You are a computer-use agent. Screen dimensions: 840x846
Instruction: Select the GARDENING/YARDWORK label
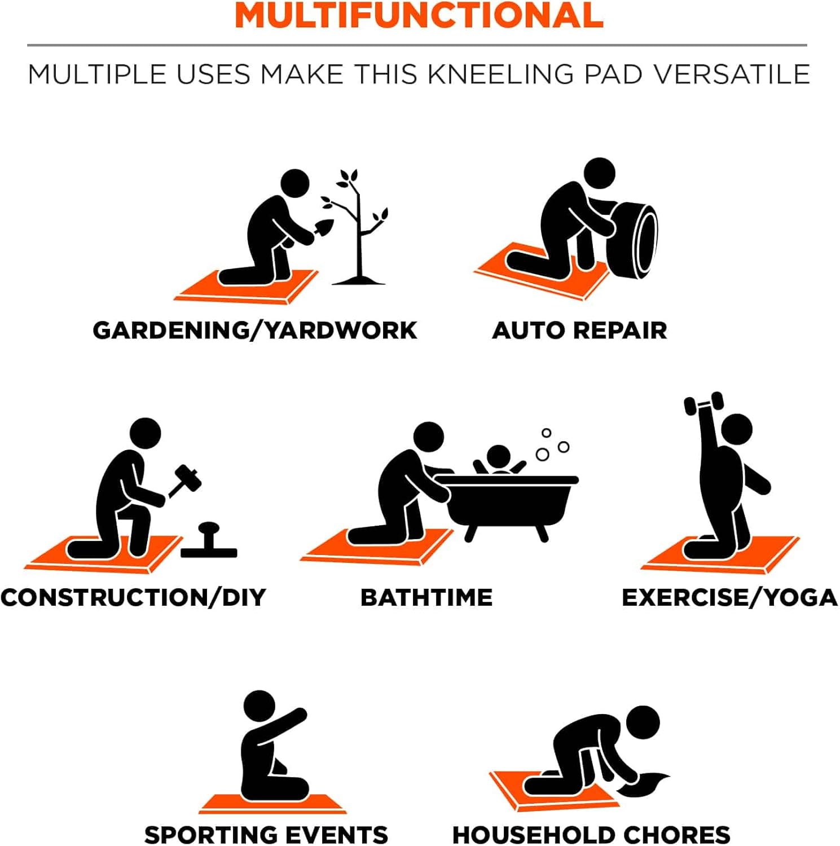click(255, 331)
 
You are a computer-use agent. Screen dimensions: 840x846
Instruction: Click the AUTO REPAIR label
click(579, 331)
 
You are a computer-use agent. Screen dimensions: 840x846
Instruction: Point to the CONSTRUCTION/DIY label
click(133, 598)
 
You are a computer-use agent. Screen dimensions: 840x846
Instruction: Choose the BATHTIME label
click(426, 598)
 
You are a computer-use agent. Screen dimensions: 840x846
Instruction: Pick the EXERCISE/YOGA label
click(729, 598)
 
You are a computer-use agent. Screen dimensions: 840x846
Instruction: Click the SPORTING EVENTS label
click(266, 835)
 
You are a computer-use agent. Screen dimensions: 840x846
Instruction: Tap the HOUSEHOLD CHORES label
click(591, 835)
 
